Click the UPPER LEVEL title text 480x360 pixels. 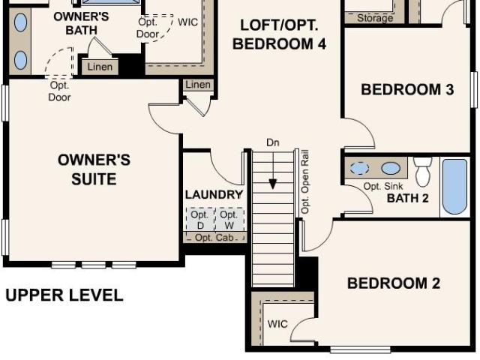pyautogui.click(x=64, y=295)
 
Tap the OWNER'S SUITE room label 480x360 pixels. pyautogui.click(x=94, y=169)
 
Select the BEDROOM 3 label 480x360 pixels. pyautogui.click(x=407, y=89)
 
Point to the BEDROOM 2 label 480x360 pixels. pyautogui.click(x=394, y=283)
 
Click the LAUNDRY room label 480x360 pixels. pyautogui.click(x=214, y=195)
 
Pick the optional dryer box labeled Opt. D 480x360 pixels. pyautogui.click(x=200, y=220)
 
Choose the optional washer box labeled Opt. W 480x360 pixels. pyautogui.click(x=229, y=220)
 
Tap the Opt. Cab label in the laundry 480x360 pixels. pyautogui.click(x=214, y=238)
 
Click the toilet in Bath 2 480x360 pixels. pyautogui.click(x=423, y=172)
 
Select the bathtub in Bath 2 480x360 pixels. pyautogui.click(x=454, y=187)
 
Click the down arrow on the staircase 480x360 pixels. pyautogui.click(x=273, y=172)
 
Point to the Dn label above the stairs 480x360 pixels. pyautogui.click(x=273, y=142)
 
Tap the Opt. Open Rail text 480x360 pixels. pyautogui.click(x=305, y=181)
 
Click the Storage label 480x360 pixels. pyautogui.click(x=375, y=18)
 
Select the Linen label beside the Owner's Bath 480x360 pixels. pyautogui.click(x=100, y=67)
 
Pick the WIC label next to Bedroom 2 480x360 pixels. pyautogui.click(x=277, y=324)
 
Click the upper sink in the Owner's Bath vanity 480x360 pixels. pyautogui.click(x=20, y=22)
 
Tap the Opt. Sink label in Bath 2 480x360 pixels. pyautogui.click(x=383, y=186)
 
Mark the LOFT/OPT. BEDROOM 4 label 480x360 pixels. pyautogui.click(x=279, y=34)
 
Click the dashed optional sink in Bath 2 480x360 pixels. pyautogui.click(x=359, y=168)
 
